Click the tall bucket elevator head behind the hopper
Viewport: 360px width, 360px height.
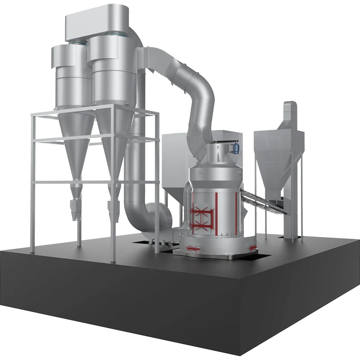coord(289,112)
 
